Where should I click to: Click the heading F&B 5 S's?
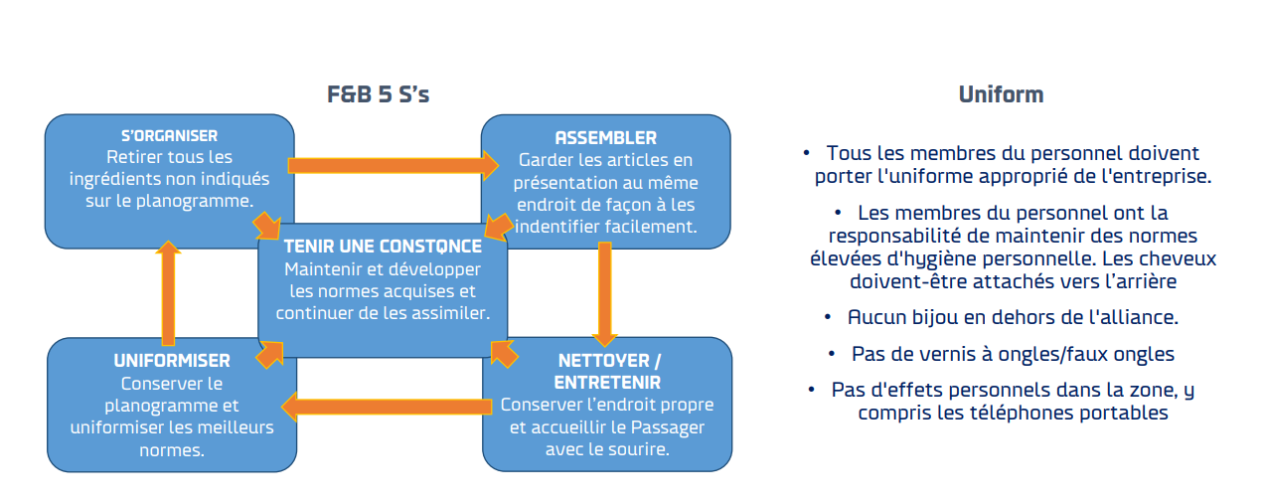click(378, 95)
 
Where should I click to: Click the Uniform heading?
click(1001, 95)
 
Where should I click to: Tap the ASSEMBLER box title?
click(605, 137)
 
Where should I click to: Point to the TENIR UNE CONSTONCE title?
click(383, 246)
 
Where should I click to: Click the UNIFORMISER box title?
click(172, 360)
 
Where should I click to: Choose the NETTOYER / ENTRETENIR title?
click(608, 370)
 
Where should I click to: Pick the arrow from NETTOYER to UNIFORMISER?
click(388, 406)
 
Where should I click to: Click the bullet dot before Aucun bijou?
click(828, 317)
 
